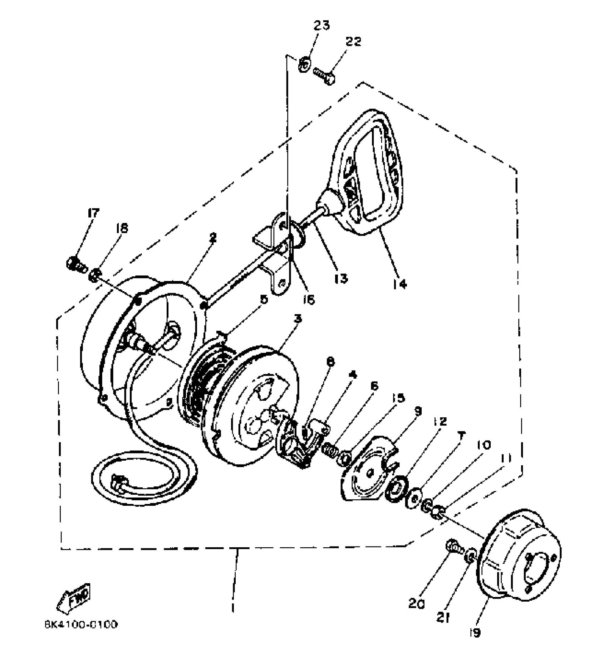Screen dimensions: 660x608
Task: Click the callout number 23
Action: pos(322,25)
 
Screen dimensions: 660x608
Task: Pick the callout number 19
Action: pos(475,632)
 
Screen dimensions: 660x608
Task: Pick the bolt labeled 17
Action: pos(76,265)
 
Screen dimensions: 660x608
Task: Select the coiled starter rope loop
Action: pos(143,476)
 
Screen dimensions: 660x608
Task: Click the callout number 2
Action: pos(213,238)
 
